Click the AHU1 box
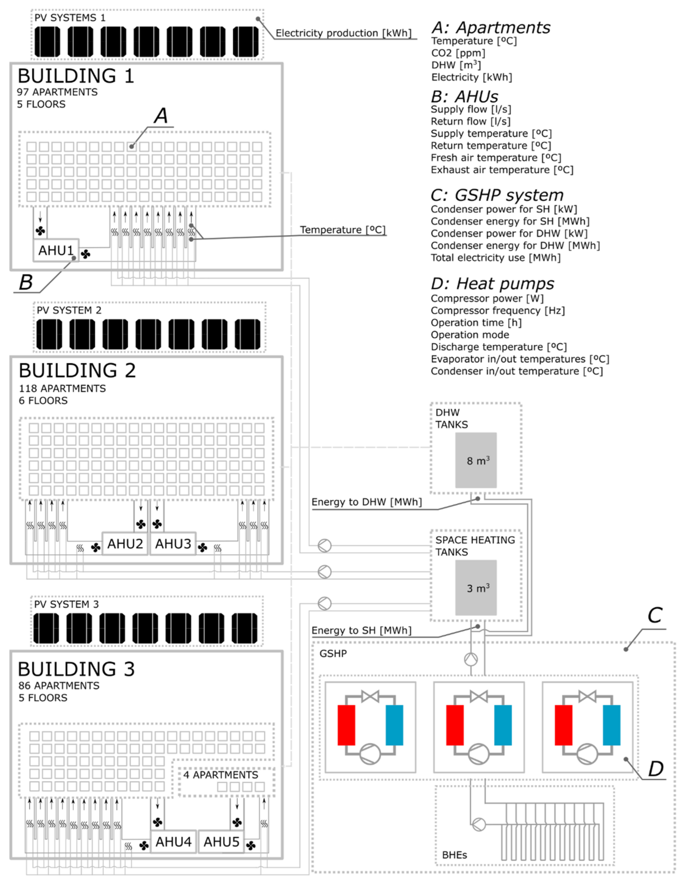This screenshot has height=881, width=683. click(x=56, y=251)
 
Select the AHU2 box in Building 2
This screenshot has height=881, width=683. click(x=125, y=544)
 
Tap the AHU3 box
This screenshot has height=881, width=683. click(x=173, y=544)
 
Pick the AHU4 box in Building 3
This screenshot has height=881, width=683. click(x=173, y=842)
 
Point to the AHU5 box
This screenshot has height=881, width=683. click(x=221, y=842)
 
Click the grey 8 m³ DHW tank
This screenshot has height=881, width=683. click(x=476, y=460)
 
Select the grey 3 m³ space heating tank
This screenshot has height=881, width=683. click(x=476, y=588)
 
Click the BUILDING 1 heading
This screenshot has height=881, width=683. click(x=76, y=76)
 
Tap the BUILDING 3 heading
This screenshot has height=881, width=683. click(x=76, y=669)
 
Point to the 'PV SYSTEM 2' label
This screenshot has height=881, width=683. click(x=69, y=310)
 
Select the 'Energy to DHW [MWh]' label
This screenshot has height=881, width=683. click(x=366, y=502)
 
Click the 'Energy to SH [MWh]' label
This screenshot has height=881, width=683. click(x=361, y=630)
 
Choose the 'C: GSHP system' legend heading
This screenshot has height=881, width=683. click(x=497, y=195)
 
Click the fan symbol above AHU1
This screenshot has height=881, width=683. click(x=40, y=231)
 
